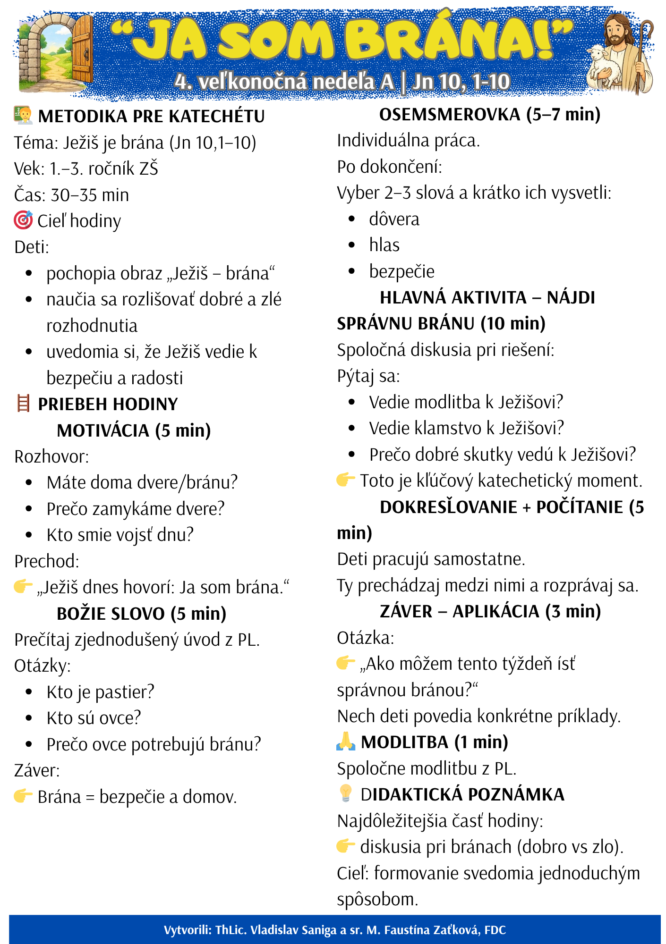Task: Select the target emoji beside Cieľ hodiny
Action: coord(23,220)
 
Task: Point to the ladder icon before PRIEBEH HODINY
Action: coord(23,404)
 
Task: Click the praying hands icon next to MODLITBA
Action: coord(346,742)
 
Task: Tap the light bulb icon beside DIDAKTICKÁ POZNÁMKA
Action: coord(346,793)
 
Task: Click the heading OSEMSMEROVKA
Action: coord(449,114)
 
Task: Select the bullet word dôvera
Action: coord(394,219)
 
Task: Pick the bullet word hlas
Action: coord(384,245)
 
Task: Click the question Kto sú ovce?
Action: coord(94,717)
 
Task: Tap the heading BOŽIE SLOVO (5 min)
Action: coord(141,613)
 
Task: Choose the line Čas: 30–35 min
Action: coord(71,194)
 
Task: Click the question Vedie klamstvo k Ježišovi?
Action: coord(466,428)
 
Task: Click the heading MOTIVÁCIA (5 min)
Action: coord(134,430)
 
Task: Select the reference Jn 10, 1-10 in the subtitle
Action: coord(461,82)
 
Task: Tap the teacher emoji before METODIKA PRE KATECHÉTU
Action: coord(23,116)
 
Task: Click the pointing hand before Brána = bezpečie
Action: coord(23,796)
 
